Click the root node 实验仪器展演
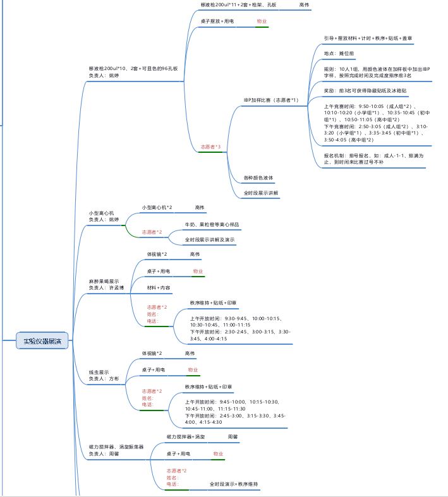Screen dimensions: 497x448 (42, 342)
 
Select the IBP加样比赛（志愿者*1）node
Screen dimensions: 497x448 (270, 100)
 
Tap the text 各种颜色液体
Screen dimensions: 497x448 (258, 177)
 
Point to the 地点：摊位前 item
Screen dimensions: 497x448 (339, 54)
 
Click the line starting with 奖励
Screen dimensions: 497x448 (364, 91)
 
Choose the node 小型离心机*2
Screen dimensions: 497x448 (157, 207)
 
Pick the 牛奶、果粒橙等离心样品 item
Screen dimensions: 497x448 (212, 224)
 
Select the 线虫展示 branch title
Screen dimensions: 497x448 (99, 372)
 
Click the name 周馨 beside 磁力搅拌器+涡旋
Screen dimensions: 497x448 (233, 436)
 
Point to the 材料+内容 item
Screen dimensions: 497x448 (159, 287)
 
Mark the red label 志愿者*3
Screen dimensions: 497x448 (210, 147)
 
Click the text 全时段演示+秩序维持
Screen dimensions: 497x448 (234, 484)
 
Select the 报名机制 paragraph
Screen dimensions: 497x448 (373, 158)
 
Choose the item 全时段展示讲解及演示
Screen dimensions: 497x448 (210, 240)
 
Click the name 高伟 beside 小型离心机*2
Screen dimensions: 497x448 (200, 207)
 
